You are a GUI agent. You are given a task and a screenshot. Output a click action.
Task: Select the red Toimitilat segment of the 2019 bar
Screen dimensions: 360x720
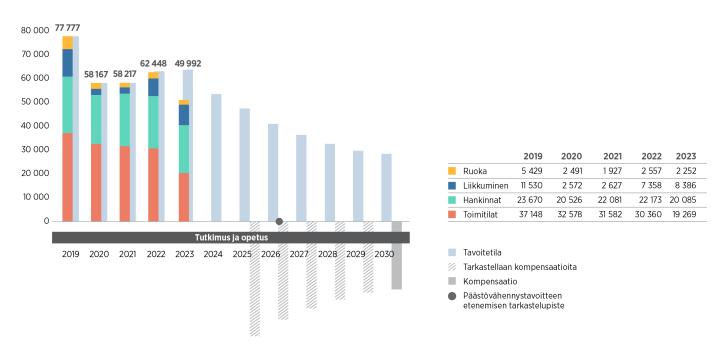click(67, 176)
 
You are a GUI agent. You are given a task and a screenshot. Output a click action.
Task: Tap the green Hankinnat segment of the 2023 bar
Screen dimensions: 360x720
click(183, 148)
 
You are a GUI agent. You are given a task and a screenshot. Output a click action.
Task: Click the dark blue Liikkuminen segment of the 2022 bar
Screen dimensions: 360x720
click(153, 87)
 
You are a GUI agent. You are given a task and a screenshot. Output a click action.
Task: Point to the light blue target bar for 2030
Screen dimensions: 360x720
click(386, 187)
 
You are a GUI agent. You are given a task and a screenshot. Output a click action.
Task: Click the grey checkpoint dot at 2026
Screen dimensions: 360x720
click(279, 221)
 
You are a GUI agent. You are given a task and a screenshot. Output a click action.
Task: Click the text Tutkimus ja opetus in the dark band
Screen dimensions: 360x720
click(228, 237)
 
